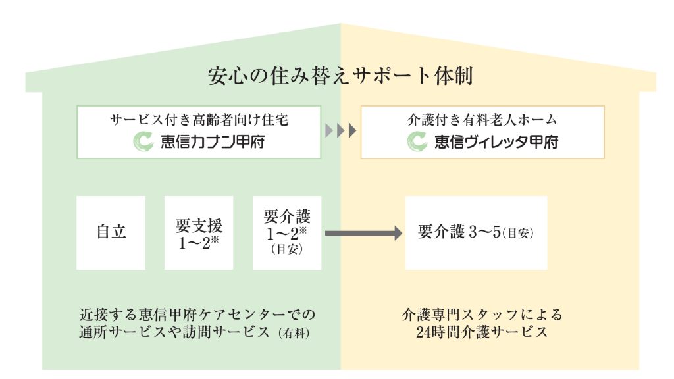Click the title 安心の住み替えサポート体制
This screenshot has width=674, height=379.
point(340,76)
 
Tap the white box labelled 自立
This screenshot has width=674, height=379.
point(111,232)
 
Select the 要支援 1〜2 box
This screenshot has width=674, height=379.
point(199,232)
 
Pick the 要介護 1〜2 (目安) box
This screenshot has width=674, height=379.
point(287,232)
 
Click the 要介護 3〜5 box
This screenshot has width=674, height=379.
point(476,232)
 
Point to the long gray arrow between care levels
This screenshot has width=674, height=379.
point(363,232)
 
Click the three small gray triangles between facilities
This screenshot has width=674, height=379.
point(340,131)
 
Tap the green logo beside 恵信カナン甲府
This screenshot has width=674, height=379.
point(143,141)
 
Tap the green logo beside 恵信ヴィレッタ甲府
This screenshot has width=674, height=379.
point(417,141)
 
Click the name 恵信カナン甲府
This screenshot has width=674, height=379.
point(212,141)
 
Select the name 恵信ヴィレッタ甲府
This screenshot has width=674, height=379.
point(496,141)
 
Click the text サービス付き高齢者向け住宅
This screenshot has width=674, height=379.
point(199,120)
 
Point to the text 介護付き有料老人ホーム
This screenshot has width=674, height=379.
point(482,120)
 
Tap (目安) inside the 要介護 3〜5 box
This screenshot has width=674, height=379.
point(517,233)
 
